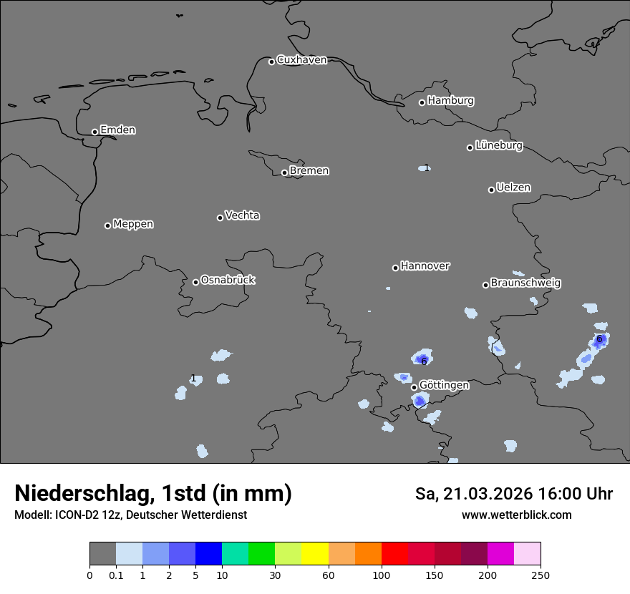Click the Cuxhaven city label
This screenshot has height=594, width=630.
pos(301,60)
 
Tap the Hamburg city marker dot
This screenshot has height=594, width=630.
pos(422,102)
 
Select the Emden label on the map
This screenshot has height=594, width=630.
pos(117,130)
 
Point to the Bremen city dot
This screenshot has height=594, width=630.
pos(284,172)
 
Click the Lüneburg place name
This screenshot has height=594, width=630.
pos(498,146)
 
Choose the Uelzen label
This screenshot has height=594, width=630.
pos(513,188)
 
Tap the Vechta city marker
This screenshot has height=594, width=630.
pos(220,218)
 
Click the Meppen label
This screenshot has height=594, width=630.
pos(133,225)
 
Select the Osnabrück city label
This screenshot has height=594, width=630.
pos(228,281)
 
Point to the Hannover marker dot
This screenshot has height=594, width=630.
pos(395,268)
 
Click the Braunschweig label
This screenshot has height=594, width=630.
pos(525,283)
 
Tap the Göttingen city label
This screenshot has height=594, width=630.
pos(444,386)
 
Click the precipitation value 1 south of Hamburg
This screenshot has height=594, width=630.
pos(427,168)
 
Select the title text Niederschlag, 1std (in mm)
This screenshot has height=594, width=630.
pos(153,494)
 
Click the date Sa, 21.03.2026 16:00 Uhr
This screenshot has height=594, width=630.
pos(513,494)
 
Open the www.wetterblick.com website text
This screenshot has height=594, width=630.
pos(516,515)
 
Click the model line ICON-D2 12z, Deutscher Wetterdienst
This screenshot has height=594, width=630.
pos(130,515)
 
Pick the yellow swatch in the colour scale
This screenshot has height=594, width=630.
pos(315,554)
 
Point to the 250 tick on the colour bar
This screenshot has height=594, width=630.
pos(541,575)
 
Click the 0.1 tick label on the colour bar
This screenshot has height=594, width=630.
pos(116,575)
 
